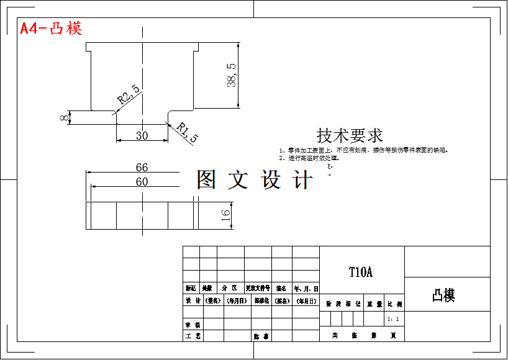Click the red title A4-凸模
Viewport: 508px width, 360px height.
pos(51,29)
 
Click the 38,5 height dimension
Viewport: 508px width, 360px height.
pos(232,75)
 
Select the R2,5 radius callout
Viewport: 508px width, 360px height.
pos(129,93)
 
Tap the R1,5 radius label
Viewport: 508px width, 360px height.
pos(187,132)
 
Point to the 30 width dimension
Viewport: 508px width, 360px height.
pos(142,135)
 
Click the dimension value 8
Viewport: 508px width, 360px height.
pos(64,117)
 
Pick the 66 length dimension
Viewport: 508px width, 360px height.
pos(142,167)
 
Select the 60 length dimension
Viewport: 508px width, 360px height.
pos(142,181)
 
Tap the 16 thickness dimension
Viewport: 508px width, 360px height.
pos(225,215)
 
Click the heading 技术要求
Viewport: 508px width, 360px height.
pos(350,135)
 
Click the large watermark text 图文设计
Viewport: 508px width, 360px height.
pos(255,179)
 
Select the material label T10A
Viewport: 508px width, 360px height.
pos(361,272)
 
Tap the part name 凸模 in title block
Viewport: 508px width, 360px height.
pos(444,295)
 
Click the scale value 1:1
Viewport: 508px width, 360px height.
pos(393,318)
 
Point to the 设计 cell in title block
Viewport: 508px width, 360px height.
pos(193,301)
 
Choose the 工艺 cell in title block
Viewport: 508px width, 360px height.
pos(193,336)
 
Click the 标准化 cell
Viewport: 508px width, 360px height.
pos(258,301)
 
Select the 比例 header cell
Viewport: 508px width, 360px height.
pos(394,304)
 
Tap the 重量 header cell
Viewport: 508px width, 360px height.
pos(374,304)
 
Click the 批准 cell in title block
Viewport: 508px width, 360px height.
pos(261,336)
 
